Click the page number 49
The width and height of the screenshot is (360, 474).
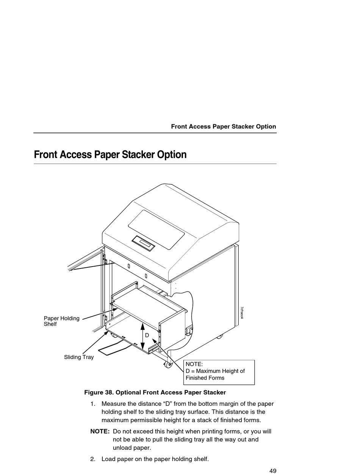coord(273,471)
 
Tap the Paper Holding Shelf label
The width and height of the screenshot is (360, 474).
coord(61,321)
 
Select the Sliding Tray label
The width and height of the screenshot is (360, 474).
coord(79,357)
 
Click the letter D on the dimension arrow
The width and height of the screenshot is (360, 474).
coord(147,335)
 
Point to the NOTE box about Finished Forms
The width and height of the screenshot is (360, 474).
coord(219,371)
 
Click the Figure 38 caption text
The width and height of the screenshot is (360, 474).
coord(155,392)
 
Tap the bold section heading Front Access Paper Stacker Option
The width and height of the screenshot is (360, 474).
coord(110,155)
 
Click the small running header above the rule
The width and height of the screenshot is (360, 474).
coord(223,127)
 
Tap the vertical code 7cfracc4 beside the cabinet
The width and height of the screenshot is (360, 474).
coord(241,312)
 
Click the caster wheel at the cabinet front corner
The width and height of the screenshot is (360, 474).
coord(167,364)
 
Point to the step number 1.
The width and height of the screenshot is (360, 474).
coord(93,404)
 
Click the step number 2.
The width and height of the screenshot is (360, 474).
coord(93,459)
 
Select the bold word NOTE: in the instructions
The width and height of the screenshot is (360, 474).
coord(100,432)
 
